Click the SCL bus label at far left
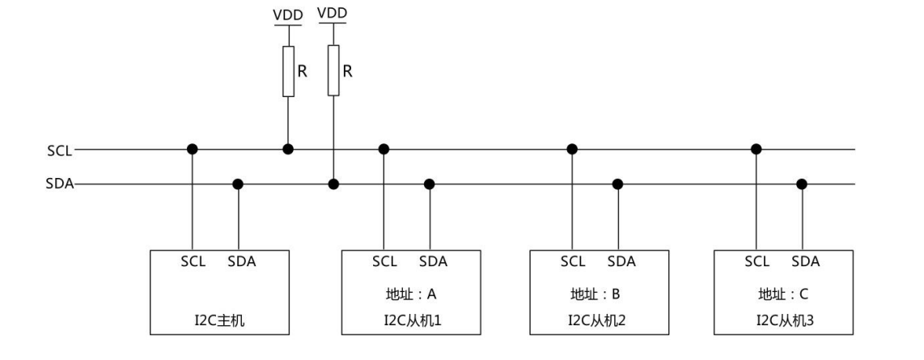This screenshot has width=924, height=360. tap(59, 150)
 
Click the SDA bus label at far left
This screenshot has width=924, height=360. tap(59, 184)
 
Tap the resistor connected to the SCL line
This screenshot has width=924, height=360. tap(287, 71)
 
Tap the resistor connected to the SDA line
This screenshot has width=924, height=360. tap(333, 71)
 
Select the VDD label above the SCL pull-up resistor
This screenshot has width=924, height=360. tap(287, 15)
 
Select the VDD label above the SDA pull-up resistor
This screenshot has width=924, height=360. tap(333, 15)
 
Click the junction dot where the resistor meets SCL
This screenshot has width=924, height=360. tap(287, 149)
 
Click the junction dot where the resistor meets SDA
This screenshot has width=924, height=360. tap(333, 184)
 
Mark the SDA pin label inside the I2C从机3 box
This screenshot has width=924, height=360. tap(805, 262)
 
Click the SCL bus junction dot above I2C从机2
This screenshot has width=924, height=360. tap(572, 149)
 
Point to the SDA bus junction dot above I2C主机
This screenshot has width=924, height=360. tap(238, 184)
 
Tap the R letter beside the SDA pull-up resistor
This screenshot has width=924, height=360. tap(347, 70)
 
